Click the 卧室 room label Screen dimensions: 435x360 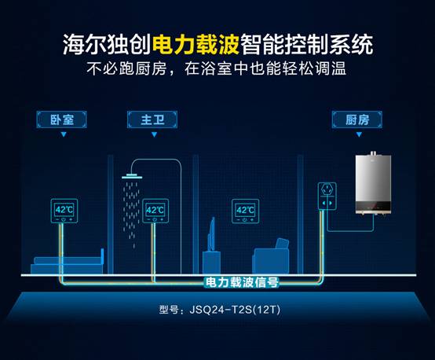click(x=61, y=119)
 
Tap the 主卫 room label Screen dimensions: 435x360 click(x=152, y=119)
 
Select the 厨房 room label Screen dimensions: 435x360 click(x=357, y=119)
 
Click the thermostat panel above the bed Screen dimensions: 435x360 click(x=64, y=211)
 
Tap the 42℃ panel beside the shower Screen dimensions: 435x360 click(x=155, y=211)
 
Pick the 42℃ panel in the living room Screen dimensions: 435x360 click(x=246, y=211)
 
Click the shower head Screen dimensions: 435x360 click(x=132, y=176)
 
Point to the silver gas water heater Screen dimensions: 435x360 click(x=374, y=183)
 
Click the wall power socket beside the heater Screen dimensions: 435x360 click(x=327, y=196)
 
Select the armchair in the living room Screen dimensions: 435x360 click(x=271, y=256)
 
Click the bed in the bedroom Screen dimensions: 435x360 click(x=68, y=263)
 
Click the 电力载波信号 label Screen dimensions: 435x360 click(x=241, y=282)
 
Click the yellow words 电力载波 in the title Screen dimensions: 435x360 click(x=196, y=45)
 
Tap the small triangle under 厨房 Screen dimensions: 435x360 click(x=359, y=134)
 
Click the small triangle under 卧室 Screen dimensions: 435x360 click(x=64, y=134)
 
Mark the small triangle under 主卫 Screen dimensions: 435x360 click(x=154, y=134)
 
